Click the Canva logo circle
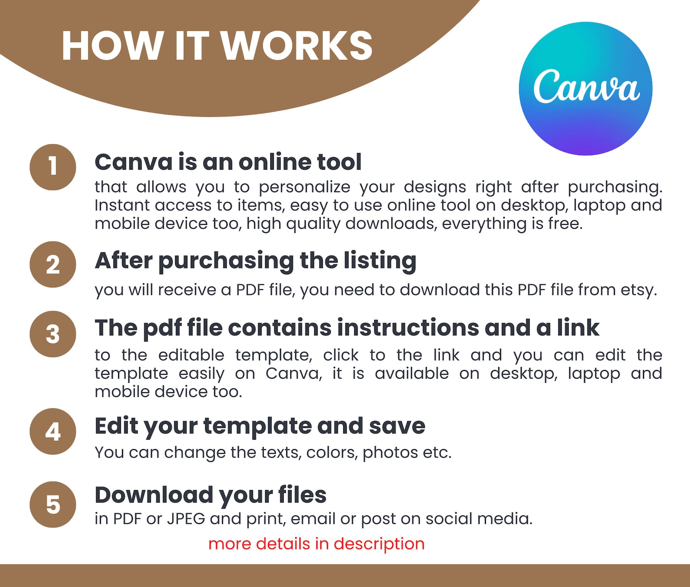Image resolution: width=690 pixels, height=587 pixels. pyautogui.click(x=585, y=89)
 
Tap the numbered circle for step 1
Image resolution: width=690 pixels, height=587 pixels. pyautogui.click(x=53, y=167)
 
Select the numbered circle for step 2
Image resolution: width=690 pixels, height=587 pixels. pyautogui.click(x=53, y=264)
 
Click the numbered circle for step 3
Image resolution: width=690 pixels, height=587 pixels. pyautogui.click(x=53, y=334)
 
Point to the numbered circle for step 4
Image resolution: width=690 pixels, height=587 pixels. pyautogui.click(x=53, y=431)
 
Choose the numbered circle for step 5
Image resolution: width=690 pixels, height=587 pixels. pyautogui.click(x=53, y=504)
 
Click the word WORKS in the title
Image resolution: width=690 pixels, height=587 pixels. pyautogui.click(x=297, y=46)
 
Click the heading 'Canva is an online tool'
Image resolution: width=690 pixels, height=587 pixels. pyautogui.click(x=228, y=162)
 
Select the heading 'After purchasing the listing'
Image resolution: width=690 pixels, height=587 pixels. pyautogui.click(x=255, y=261)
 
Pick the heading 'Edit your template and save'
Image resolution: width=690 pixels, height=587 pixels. pyautogui.click(x=260, y=427)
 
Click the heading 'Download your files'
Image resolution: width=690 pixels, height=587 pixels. pyautogui.click(x=210, y=495)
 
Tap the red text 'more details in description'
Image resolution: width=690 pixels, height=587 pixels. pyautogui.click(x=316, y=544)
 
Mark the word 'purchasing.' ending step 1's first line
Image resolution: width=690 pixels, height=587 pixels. pyautogui.click(x=615, y=187)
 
